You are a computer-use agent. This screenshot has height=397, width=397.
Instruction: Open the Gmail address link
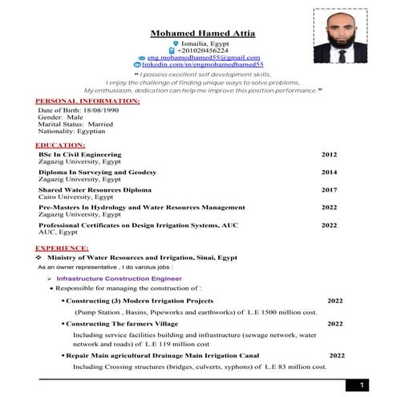point(204,58)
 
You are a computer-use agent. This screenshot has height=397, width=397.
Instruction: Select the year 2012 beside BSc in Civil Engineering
point(329,154)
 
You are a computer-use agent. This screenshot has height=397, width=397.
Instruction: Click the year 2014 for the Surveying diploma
point(329,172)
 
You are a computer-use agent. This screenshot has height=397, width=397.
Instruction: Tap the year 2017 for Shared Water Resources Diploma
point(329,190)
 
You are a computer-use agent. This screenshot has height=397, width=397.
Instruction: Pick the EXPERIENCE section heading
point(62,249)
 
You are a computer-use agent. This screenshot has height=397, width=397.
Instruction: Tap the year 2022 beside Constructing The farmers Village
point(334,324)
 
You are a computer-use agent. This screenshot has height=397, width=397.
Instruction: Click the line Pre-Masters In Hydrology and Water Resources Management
point(142,207)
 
